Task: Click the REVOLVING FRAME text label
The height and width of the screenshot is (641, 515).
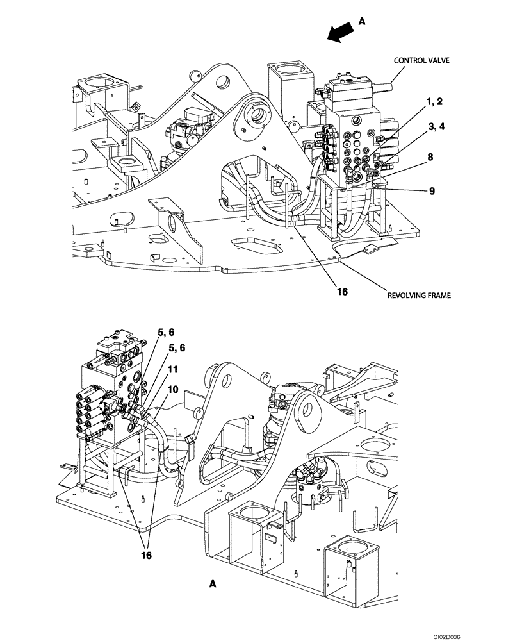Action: (x=418, y=296)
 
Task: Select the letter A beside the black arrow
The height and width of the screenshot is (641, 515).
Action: (x=361, y=21)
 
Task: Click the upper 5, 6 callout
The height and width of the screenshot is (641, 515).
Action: (x=166, y=332)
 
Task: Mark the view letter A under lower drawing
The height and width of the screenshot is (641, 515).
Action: (x=213, y=584)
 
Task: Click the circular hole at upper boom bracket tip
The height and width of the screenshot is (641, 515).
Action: (x=222, y=81)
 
